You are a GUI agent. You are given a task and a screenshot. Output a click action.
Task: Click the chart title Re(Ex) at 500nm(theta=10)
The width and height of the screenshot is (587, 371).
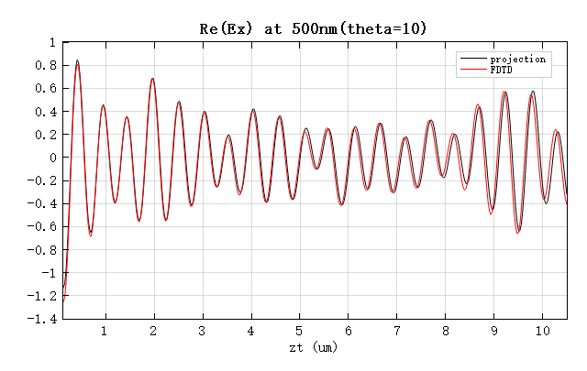pos(314,28)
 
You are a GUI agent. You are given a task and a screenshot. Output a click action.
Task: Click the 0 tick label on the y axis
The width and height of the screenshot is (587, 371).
pos(53,158)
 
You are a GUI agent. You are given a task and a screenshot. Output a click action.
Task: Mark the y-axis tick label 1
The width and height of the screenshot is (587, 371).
pos(53,42)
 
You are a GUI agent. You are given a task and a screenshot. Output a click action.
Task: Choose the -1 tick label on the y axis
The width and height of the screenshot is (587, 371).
pos(49,273)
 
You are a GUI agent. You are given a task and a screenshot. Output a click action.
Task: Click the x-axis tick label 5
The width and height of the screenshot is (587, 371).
pos(299,330)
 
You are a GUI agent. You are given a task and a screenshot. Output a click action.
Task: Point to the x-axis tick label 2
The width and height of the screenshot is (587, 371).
pos(153,330)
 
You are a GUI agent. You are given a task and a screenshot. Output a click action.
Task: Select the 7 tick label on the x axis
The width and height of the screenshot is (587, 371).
pos(396,330)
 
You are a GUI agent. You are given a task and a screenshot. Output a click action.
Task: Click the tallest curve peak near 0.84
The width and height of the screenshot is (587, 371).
pos(77,60)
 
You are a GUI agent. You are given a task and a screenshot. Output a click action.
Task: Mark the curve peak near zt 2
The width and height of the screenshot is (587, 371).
pos(152,79)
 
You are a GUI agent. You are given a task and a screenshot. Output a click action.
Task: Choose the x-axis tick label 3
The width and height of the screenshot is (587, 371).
pos(202,330)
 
